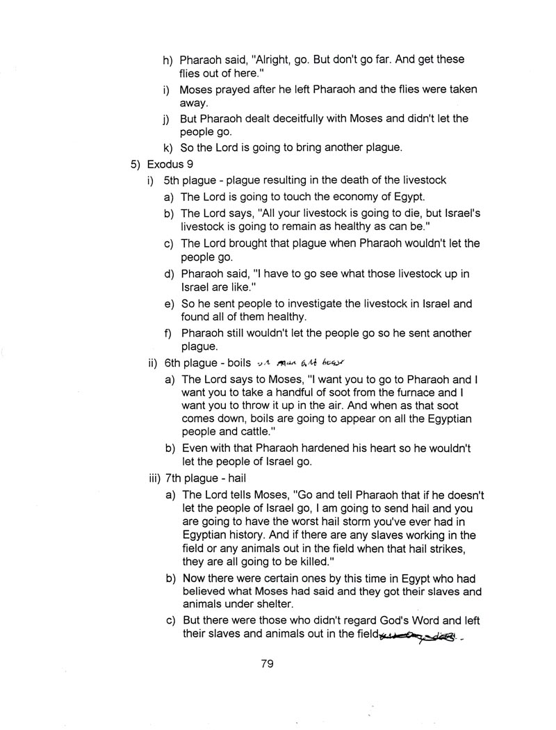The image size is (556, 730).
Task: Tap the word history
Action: tap(256, 535)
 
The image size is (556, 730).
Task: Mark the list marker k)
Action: tap(167, 147)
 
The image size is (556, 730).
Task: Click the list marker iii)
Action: tap(156, 478)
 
